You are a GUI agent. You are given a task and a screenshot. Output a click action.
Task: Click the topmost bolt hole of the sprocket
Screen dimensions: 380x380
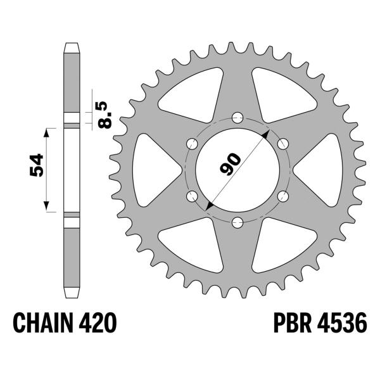(237, 117)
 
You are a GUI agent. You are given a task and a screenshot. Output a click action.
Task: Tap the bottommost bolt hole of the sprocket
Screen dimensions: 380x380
(237, 221)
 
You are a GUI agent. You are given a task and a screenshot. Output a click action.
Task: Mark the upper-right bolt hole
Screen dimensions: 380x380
(283, 142)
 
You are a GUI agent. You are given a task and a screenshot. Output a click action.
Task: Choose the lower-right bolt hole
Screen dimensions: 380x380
(283, 195)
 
